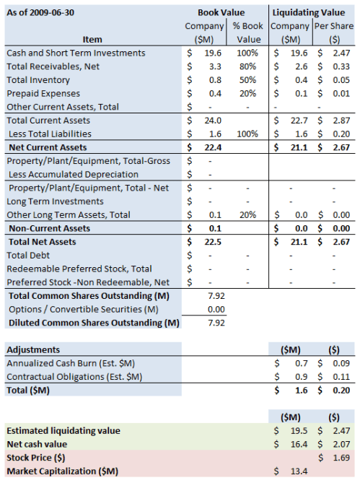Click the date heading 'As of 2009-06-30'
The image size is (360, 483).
(41, 12)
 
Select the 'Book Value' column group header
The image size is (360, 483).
(221, 12)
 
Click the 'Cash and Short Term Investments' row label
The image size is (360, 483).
(76, 53)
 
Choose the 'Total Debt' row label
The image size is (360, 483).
(29, 255)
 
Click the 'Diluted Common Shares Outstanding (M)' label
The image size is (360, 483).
(92, 323)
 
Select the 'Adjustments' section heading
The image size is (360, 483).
(32, 349)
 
